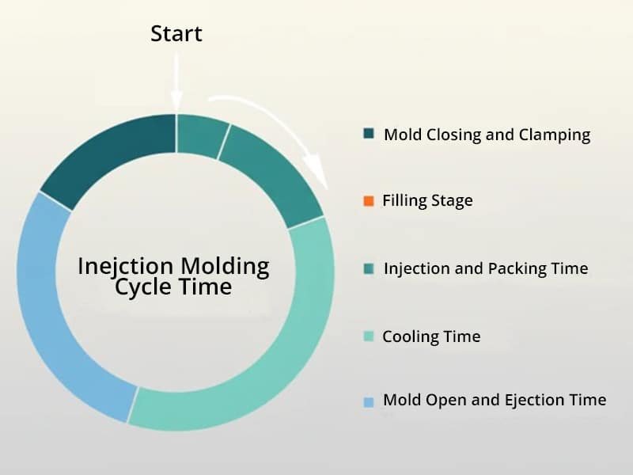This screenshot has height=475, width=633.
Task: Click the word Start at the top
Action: [x=176, y=34]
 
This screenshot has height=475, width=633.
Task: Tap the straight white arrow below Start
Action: [x=176, y=79]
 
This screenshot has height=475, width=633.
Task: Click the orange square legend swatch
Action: [x=368, y=201]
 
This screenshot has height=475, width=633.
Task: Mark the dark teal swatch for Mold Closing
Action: [x=368, y=135]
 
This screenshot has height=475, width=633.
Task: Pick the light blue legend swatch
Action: [x=368, y=402]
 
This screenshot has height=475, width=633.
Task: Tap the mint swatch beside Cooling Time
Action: [x=368, y=337]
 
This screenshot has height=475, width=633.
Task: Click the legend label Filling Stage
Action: [x=427, y=200]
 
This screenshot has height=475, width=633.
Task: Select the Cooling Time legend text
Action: [x=431, y=336]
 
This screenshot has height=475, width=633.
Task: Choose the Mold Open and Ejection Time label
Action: [x=495, y=400]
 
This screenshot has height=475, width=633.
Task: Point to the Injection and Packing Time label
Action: [x=485, y=268]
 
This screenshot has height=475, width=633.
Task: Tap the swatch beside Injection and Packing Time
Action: [x=368, y=269]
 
